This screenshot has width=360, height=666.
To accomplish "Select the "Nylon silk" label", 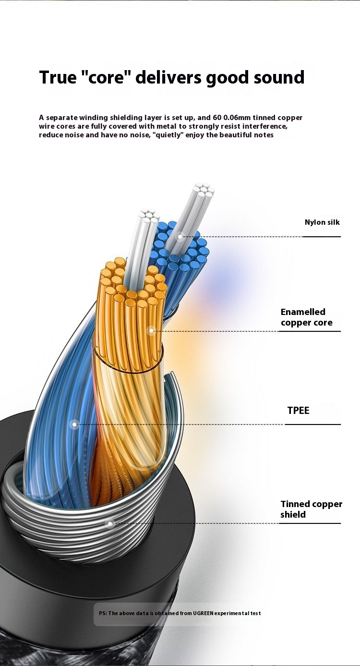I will tap(322, 222).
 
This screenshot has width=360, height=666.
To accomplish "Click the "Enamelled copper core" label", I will tap(306, 317).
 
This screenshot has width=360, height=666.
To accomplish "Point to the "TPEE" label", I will tap(298, 410).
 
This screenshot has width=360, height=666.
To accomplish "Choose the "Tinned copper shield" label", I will tap(311, 509).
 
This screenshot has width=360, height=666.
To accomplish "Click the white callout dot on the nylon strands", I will tap(181, 236).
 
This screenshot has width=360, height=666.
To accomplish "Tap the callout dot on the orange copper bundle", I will tap(151, 330).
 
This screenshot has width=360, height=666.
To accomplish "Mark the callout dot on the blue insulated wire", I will tap(74, 424).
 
